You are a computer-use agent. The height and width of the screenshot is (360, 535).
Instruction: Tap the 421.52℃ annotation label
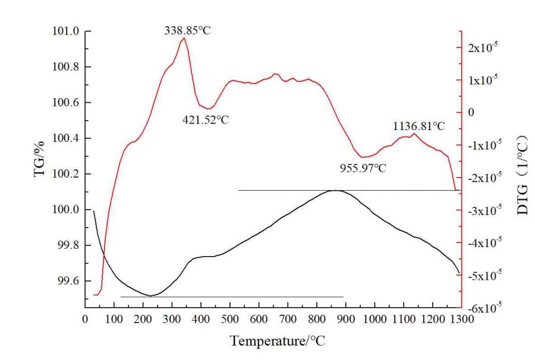(205, 119)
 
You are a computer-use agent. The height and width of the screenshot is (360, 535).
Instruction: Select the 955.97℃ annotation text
(363, 168)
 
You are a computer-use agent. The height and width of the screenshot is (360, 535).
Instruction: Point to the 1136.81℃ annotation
(418, 126)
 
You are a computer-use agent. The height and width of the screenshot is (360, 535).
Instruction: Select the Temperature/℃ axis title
(278, 342)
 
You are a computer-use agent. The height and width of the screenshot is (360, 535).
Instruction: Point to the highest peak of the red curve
(184, 39)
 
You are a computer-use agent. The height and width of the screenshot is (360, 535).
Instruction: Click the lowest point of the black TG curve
(150, 295)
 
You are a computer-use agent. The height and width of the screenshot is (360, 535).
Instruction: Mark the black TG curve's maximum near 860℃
(336, 191)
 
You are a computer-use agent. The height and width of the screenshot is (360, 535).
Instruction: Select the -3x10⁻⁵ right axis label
(483, 211)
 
